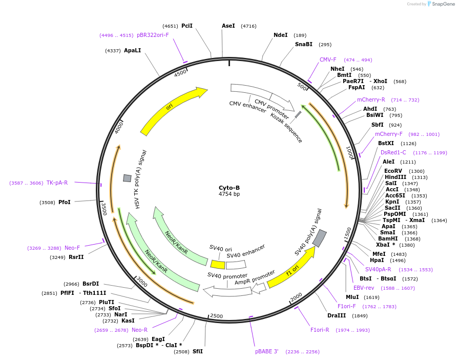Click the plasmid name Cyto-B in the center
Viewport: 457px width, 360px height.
229,187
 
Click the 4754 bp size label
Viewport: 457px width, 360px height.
229,194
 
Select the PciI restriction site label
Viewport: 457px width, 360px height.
187,26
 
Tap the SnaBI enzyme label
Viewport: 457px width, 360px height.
303,45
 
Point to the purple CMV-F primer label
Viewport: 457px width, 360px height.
328,59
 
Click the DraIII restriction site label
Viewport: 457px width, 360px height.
337,315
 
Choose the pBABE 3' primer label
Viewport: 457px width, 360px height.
266,351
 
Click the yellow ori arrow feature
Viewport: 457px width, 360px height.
172,110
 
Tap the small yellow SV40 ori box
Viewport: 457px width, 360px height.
218,264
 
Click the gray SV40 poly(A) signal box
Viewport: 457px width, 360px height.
320,238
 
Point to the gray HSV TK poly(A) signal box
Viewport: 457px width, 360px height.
127,178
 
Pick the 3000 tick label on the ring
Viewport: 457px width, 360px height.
141,282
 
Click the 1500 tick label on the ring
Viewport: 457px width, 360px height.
349,234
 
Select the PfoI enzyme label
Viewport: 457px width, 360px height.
64,202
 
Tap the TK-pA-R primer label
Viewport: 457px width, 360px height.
57,183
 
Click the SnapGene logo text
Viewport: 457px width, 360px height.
443,4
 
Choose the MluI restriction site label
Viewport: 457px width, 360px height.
352,297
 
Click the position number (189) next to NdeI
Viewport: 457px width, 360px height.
300,35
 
